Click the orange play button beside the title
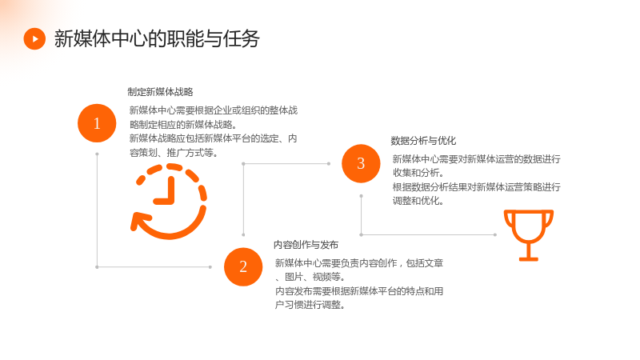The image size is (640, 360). (34, 38)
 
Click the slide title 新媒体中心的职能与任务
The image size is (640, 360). (157, 38)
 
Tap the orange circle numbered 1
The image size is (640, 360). (97, 123)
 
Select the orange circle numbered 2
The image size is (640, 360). (243, 266)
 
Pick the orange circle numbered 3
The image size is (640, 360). (361, 163)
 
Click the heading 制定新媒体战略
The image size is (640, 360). (160, 92)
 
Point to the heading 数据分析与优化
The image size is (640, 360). (423, 141)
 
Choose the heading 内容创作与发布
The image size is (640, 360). (306, 245)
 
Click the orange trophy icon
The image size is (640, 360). (529, 235)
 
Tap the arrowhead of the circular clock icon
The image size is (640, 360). (138, 222)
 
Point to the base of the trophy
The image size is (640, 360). (529, 258)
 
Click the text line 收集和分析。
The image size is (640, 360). (418, 173)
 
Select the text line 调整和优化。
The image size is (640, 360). (418, 201)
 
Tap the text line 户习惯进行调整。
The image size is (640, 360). (310, 305)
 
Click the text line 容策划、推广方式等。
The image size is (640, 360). (174, 153)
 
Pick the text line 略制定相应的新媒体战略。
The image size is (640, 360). (183, 125)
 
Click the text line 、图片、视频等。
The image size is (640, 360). (310, 277)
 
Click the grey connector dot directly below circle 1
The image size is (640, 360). (97, 154)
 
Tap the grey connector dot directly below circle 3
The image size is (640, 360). (362, 196)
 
